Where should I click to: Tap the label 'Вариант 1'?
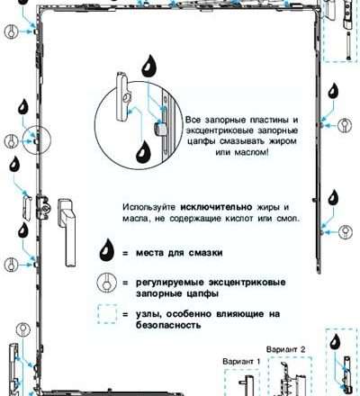tap(240, 359)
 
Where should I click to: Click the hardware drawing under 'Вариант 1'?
tap(242, 382)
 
